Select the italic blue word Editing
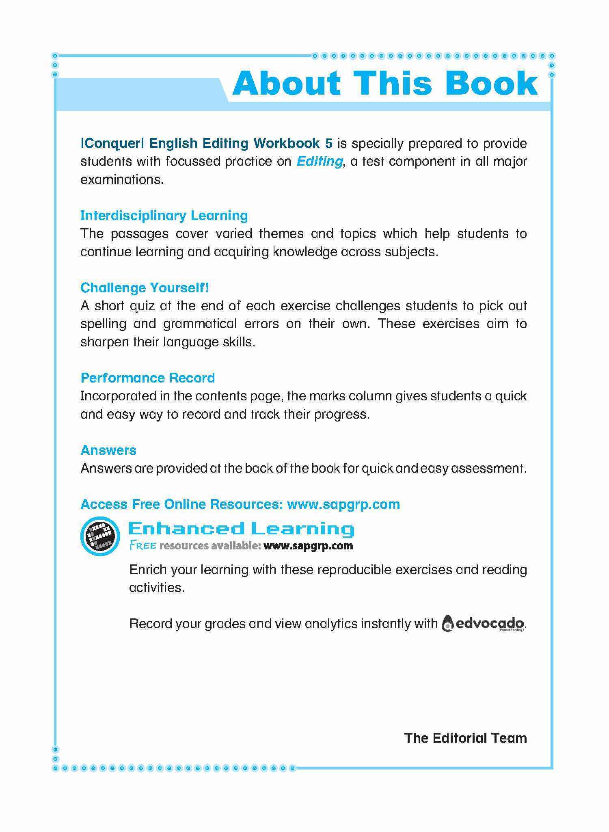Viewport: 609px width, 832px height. [320, 161]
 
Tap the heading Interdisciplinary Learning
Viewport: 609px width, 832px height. [164, 215]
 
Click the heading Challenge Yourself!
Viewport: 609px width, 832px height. [145, 287]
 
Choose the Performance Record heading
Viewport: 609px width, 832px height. [148, 378]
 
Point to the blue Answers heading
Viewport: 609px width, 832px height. [108, 450]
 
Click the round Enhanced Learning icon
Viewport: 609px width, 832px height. [100, 536]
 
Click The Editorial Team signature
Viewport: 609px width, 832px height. [465, 738]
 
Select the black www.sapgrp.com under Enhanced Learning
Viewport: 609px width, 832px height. [308, 546]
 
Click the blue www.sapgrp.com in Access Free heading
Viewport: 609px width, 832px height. [343, 504]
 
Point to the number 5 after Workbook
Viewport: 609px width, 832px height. [328, 143]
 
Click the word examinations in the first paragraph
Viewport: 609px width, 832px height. [122, 179]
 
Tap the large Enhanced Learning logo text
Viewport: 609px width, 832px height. [241, 528]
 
